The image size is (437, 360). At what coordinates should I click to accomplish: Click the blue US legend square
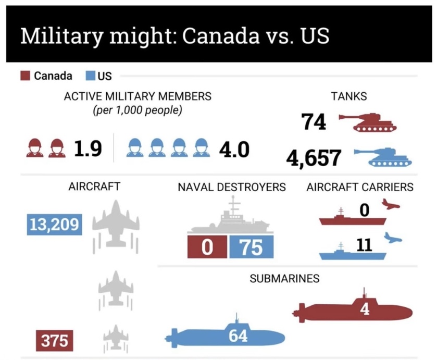89,76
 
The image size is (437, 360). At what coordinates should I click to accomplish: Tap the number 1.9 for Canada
88,149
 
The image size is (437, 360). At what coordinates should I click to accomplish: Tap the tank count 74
314,122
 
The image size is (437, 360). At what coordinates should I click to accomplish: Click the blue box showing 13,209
54,225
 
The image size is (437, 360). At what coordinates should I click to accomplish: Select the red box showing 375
54,341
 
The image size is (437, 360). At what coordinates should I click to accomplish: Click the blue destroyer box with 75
250,247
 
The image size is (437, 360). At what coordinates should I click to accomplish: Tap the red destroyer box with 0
207,247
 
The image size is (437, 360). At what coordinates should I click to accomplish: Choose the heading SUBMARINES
284,279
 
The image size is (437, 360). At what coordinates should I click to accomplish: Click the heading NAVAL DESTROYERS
232,187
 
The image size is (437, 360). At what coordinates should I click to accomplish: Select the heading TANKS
348,96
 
